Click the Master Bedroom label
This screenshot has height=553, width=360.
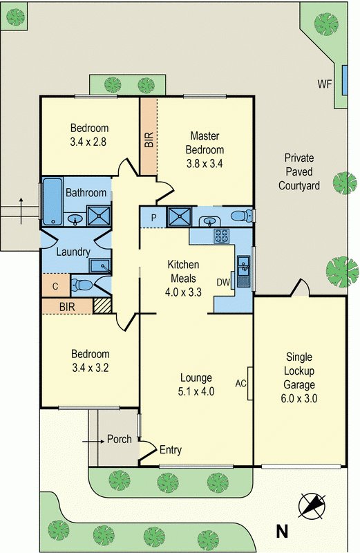(x=205, y=143)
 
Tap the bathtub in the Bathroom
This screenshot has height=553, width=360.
(x=53, y=201)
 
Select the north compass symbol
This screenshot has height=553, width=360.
(x=312, y=506)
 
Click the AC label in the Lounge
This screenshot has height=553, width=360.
(x=241, y=384)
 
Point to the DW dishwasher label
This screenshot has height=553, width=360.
(x=223, y=282)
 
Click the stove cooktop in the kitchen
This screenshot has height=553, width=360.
(x=222, y=236)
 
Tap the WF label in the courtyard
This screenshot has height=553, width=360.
(x=325, y=84)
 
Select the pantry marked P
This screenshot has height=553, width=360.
(x=153, y=218)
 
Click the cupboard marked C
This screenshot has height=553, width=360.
(x=55, y=286)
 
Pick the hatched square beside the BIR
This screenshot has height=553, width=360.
(x=102, y=306)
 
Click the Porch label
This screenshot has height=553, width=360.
(x=119, y=439)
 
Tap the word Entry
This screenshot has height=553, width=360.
(x=171, y=450)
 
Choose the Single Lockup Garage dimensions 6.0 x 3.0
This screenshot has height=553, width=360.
(x=299, y=399)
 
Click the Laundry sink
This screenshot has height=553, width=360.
(x=100, y=265)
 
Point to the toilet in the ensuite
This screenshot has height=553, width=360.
(x=243, y=215)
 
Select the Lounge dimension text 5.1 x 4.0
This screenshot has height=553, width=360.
(x=196, y=391)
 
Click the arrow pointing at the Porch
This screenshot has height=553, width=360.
(x=93, y=441)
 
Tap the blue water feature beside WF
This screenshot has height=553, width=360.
(x=345, y=80)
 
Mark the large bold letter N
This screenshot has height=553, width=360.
(x=282, y=531)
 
